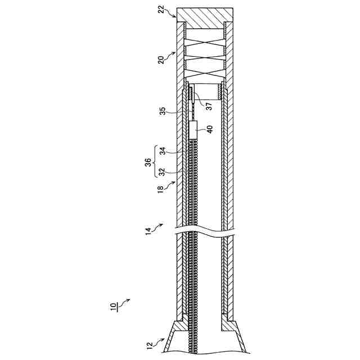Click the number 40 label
(210, 129)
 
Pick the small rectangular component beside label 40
(194, 130)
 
